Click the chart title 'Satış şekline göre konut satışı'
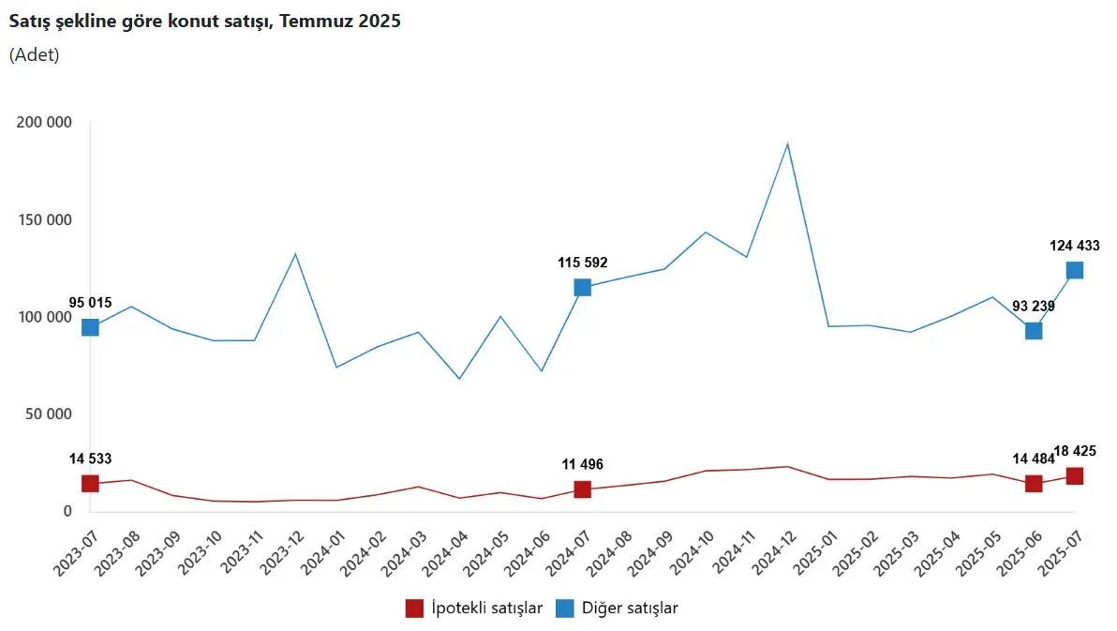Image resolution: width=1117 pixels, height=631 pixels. (204, 22)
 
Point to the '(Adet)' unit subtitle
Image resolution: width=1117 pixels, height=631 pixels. (35, 54)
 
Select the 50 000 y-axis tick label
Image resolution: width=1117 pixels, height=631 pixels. (47, 414)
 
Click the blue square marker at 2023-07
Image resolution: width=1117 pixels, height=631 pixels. (90, 327)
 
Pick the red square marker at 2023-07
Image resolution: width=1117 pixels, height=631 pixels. (90, 484)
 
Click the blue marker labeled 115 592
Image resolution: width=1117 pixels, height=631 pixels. (582, 288)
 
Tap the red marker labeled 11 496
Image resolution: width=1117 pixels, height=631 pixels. (582, 489)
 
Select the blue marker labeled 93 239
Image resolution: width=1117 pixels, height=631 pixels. (1034, 330)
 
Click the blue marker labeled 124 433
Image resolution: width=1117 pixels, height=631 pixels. (1075, 270)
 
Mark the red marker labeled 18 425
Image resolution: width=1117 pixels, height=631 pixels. (1075, 476)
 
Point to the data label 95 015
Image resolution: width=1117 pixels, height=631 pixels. (91, 303)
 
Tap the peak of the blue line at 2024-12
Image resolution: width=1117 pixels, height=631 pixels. (788, 143)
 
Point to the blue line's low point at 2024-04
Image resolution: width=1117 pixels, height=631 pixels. (459, 379)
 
